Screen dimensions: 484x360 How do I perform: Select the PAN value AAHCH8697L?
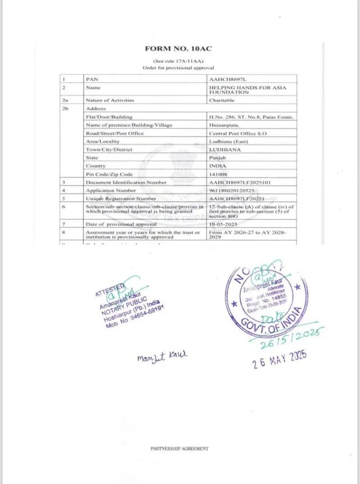coord(225,79)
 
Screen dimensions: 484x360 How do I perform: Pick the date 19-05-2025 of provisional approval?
coord(223,224)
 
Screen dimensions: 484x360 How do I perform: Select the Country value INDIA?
coord(217,166)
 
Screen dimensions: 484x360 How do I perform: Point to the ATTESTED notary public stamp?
coord(130,305)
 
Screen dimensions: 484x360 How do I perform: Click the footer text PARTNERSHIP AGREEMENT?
coord(179,449)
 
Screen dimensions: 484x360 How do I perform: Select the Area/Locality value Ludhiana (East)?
coord(228,141)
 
